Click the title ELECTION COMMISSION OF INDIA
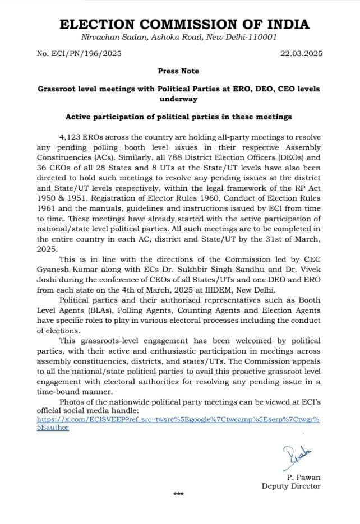click(x=184, y=24)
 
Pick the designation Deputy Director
click(x=291, y=486)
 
